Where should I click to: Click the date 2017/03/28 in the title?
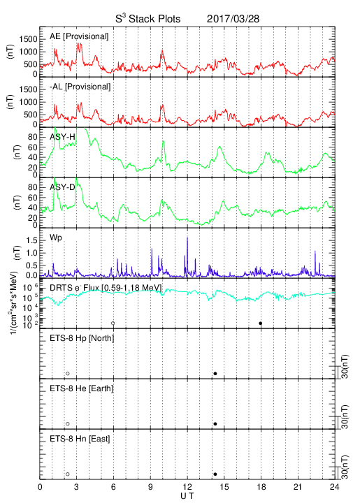233,19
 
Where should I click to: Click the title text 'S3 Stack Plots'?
148,19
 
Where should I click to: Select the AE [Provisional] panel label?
79,36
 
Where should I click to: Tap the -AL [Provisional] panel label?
80,87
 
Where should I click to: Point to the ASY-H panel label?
62,137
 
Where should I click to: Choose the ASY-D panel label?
62,187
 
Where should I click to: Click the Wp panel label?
55,238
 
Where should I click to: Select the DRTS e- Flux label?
106,288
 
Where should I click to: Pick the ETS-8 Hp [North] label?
82,338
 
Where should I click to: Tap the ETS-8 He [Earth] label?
82,388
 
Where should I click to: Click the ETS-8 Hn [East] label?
80,439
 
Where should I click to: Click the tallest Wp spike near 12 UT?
187,238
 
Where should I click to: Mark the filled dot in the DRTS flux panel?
261,323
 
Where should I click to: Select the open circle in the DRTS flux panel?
113,323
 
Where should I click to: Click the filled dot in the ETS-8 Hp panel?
215,373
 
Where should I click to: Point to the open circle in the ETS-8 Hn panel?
68,474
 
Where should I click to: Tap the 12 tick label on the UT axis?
187,487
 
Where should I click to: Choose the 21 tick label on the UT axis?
298,487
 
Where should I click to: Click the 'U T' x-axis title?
187,496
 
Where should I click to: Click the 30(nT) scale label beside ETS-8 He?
345,417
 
